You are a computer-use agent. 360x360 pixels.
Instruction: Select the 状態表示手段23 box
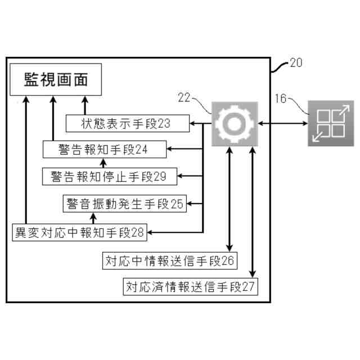coord(127,123)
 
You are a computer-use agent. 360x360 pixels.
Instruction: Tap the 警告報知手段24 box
coord(103,149)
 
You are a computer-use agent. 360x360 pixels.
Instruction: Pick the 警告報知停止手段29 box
coord(110,176)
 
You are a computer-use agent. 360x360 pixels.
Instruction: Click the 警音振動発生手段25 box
coord(124,204)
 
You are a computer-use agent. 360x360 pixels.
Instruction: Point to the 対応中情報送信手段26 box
coord(169,260)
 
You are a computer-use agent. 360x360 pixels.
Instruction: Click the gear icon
coord(235,123)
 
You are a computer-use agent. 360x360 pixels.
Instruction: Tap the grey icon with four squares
coord(330,123)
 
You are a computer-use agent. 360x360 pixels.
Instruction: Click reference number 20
coord(295,63)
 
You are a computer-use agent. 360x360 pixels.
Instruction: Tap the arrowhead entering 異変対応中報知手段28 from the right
coord(151,231)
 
